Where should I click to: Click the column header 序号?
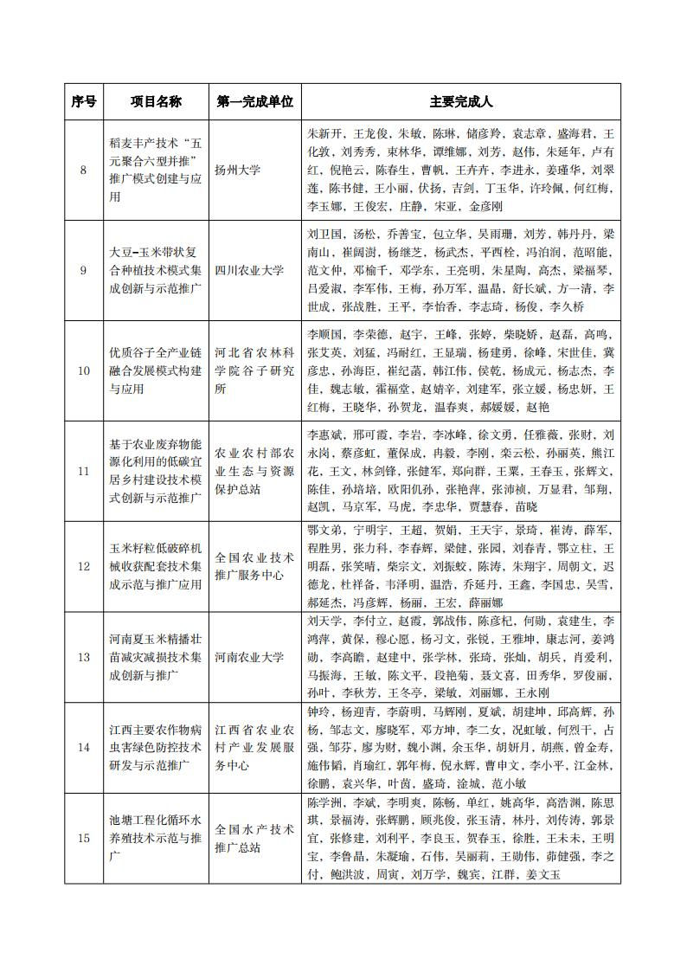pos(83,101)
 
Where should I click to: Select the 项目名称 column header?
pos(156,101)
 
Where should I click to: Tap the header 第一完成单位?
pos(254,101)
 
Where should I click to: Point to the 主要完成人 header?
pos(460,101)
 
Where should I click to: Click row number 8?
pos(83,170)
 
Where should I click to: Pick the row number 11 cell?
pos(83,471)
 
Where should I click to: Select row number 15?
pos(83,837)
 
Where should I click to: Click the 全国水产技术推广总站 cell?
pos(254,837)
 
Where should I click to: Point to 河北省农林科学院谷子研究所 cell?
pos(254,370)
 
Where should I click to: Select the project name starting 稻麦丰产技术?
pos(156,170)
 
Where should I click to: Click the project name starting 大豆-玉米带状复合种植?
pos(156,270)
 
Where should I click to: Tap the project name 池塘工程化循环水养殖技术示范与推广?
pos(156,837)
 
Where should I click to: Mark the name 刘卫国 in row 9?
pos(325,235)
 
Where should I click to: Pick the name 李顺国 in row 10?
pos(325,334)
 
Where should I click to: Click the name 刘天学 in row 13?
pos(325,621)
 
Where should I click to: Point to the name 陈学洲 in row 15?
pos(325,801)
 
